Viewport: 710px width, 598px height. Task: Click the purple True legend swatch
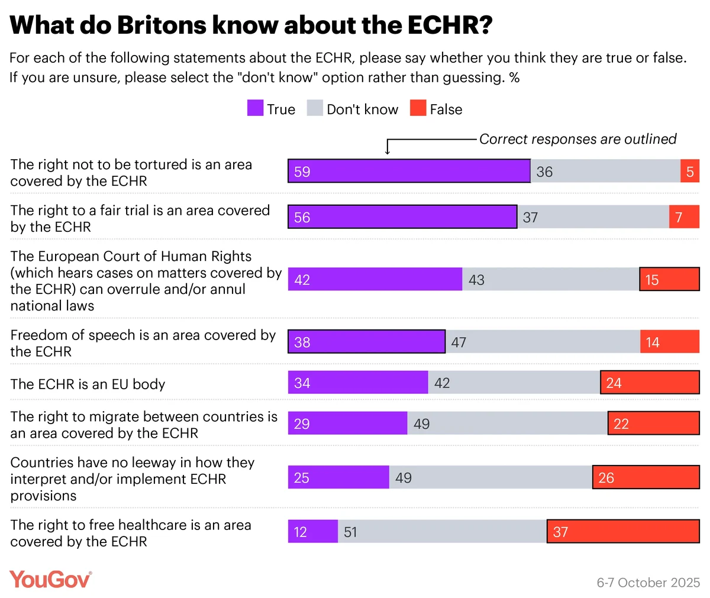[255, 108]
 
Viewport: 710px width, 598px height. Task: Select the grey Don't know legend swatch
[315, 108]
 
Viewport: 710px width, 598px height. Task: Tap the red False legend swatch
[418, 108]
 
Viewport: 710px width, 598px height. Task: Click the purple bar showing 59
[409, 171]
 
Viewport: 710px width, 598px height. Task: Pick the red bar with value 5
[690, 171]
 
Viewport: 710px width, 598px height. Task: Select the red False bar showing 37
[623, 531]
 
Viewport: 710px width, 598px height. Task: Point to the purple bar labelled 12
[312, 531]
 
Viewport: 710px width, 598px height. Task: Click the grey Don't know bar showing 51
[442, 531]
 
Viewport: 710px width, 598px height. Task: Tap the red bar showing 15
[669, 279]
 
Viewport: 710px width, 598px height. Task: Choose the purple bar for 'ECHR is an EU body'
[357, 383]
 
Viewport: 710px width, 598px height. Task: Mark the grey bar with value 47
[543, 342]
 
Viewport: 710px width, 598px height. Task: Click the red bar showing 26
[646, 477]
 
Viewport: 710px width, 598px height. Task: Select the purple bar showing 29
[347, 424]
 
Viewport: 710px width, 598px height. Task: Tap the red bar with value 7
[684, 217]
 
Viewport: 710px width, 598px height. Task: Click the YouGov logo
[50, 579]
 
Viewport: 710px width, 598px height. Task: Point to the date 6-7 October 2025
[648, 583]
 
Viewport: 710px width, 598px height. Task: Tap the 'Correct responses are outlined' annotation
[577, 139]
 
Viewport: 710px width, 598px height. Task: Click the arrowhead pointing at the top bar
[388, 152]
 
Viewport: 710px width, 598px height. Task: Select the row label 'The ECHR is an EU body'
[88, 384]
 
